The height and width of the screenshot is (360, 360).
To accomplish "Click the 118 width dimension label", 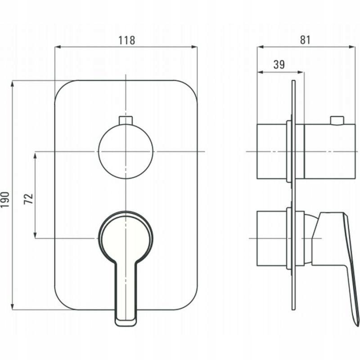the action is (126, 40).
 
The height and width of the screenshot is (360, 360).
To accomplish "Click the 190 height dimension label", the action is (5, 200).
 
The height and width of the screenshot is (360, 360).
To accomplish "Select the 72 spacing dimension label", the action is (29, 199).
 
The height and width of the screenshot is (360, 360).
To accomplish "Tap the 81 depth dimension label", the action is (305, 40).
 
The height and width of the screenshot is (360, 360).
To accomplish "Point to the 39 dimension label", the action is (279, 64).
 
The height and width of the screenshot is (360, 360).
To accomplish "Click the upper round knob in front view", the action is (126, 152).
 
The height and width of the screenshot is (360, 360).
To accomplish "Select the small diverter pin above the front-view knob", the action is (126, 120).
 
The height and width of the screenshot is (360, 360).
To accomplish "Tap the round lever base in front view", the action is (126, 238).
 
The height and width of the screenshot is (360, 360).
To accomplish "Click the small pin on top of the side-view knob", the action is (337, 120).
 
